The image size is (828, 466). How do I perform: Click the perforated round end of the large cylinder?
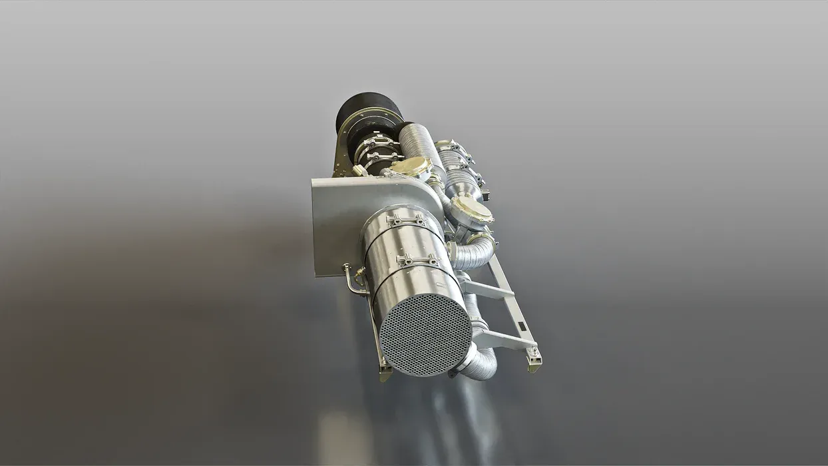(425, 334)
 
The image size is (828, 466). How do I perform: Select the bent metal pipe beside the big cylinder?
(351, 282)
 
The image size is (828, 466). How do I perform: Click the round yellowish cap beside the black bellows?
(411, 167)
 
